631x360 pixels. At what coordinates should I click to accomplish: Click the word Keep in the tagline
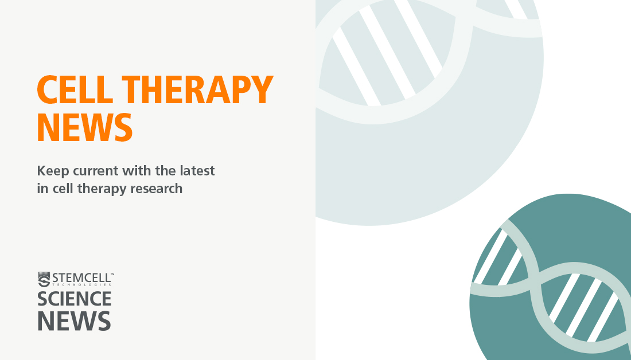click(x=52, y=171)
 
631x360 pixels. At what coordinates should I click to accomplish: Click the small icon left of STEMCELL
click(x=44, y=279)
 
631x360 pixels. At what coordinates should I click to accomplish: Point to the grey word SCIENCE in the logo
click(x=75, y=299)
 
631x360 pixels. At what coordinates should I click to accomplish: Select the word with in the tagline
click(x=133, y=170)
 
